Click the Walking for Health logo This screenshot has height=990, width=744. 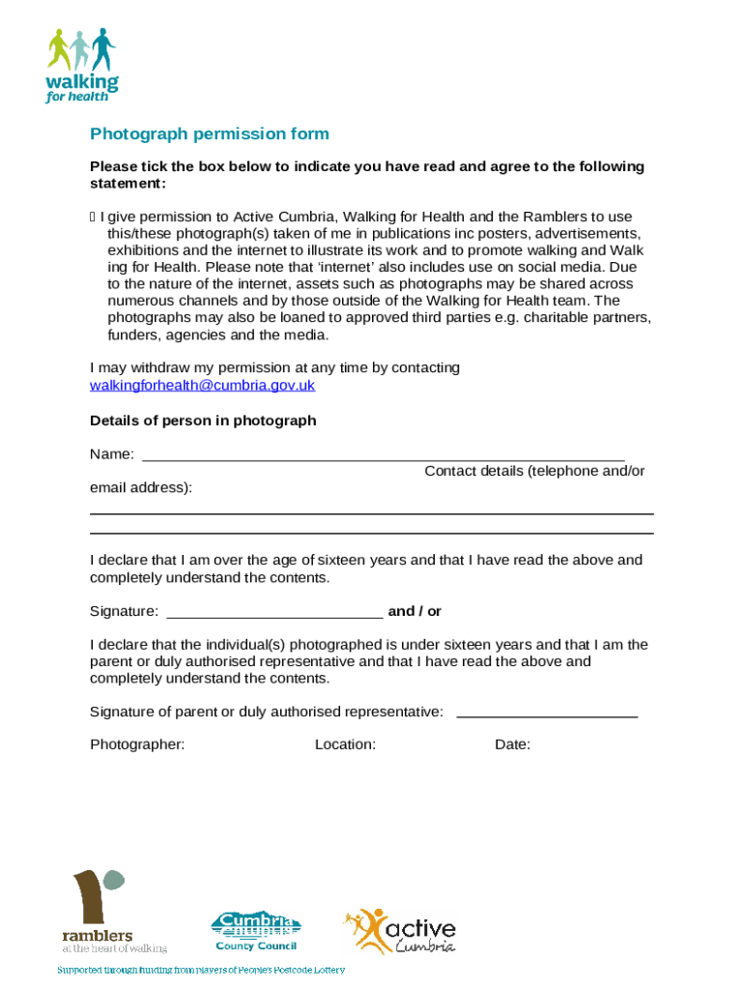point(82,65)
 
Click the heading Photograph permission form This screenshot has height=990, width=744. point(210,134)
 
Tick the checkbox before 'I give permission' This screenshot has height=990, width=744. point(93,218)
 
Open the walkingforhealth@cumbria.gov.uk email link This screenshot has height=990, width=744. point(202,386)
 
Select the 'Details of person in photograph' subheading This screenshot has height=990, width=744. point(203,421)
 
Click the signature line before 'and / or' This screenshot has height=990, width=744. point(274,613)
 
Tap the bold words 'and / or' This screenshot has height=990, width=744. point(415,611)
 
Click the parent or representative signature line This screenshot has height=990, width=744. point(546,713)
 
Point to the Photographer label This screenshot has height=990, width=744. point(137,744)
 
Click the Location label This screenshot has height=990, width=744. point(345,744)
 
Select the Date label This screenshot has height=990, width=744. point(512,744)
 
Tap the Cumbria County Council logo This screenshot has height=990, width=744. point(256,931)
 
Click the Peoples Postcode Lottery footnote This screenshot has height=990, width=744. point(200,970)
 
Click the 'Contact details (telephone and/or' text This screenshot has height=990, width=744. point(534,471)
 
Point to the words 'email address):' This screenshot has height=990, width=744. point(141,488)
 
